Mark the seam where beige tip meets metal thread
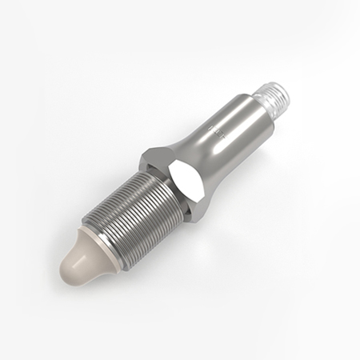pos(102,244)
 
